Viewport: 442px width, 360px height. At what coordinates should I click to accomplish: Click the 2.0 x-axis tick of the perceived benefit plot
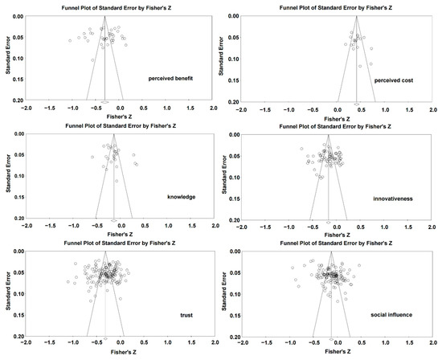[x=214, y=107]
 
